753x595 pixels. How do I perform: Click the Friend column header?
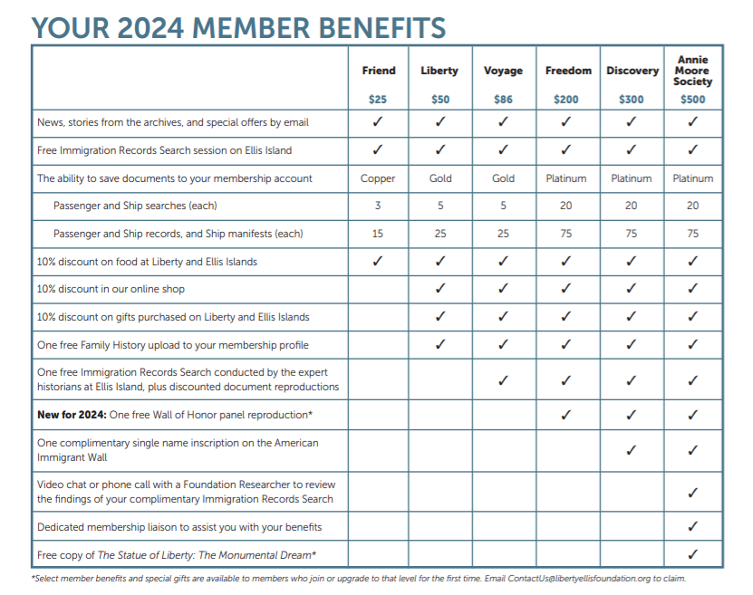[x=378, y=71]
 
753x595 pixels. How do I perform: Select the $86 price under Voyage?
[x=503, y=100]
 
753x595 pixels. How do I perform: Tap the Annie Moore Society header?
[x=692, y=71]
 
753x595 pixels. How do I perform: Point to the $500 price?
[x=692, y=100]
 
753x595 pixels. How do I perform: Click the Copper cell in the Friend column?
[x=378, y=178]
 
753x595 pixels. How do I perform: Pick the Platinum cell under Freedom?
[x=566, y=178]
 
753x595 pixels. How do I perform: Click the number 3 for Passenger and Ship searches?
[x=378, y=206]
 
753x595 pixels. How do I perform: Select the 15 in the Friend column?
[x=378, y=234]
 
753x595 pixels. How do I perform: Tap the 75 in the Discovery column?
[x=631, y=234]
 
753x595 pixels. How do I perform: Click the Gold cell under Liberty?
[x=440, y=178]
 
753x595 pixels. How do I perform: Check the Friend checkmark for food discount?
[x=378, y=262]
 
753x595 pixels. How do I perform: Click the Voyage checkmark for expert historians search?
[x=503, y=380]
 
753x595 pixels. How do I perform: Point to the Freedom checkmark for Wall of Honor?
[x=566, y=415]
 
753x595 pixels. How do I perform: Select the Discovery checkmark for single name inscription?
[x=631, y=449]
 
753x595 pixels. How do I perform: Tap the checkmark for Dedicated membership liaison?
[x=692, y=525]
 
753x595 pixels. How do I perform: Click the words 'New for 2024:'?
[x=71, y=416]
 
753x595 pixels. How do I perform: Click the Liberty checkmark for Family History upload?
[x=440, y=344]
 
